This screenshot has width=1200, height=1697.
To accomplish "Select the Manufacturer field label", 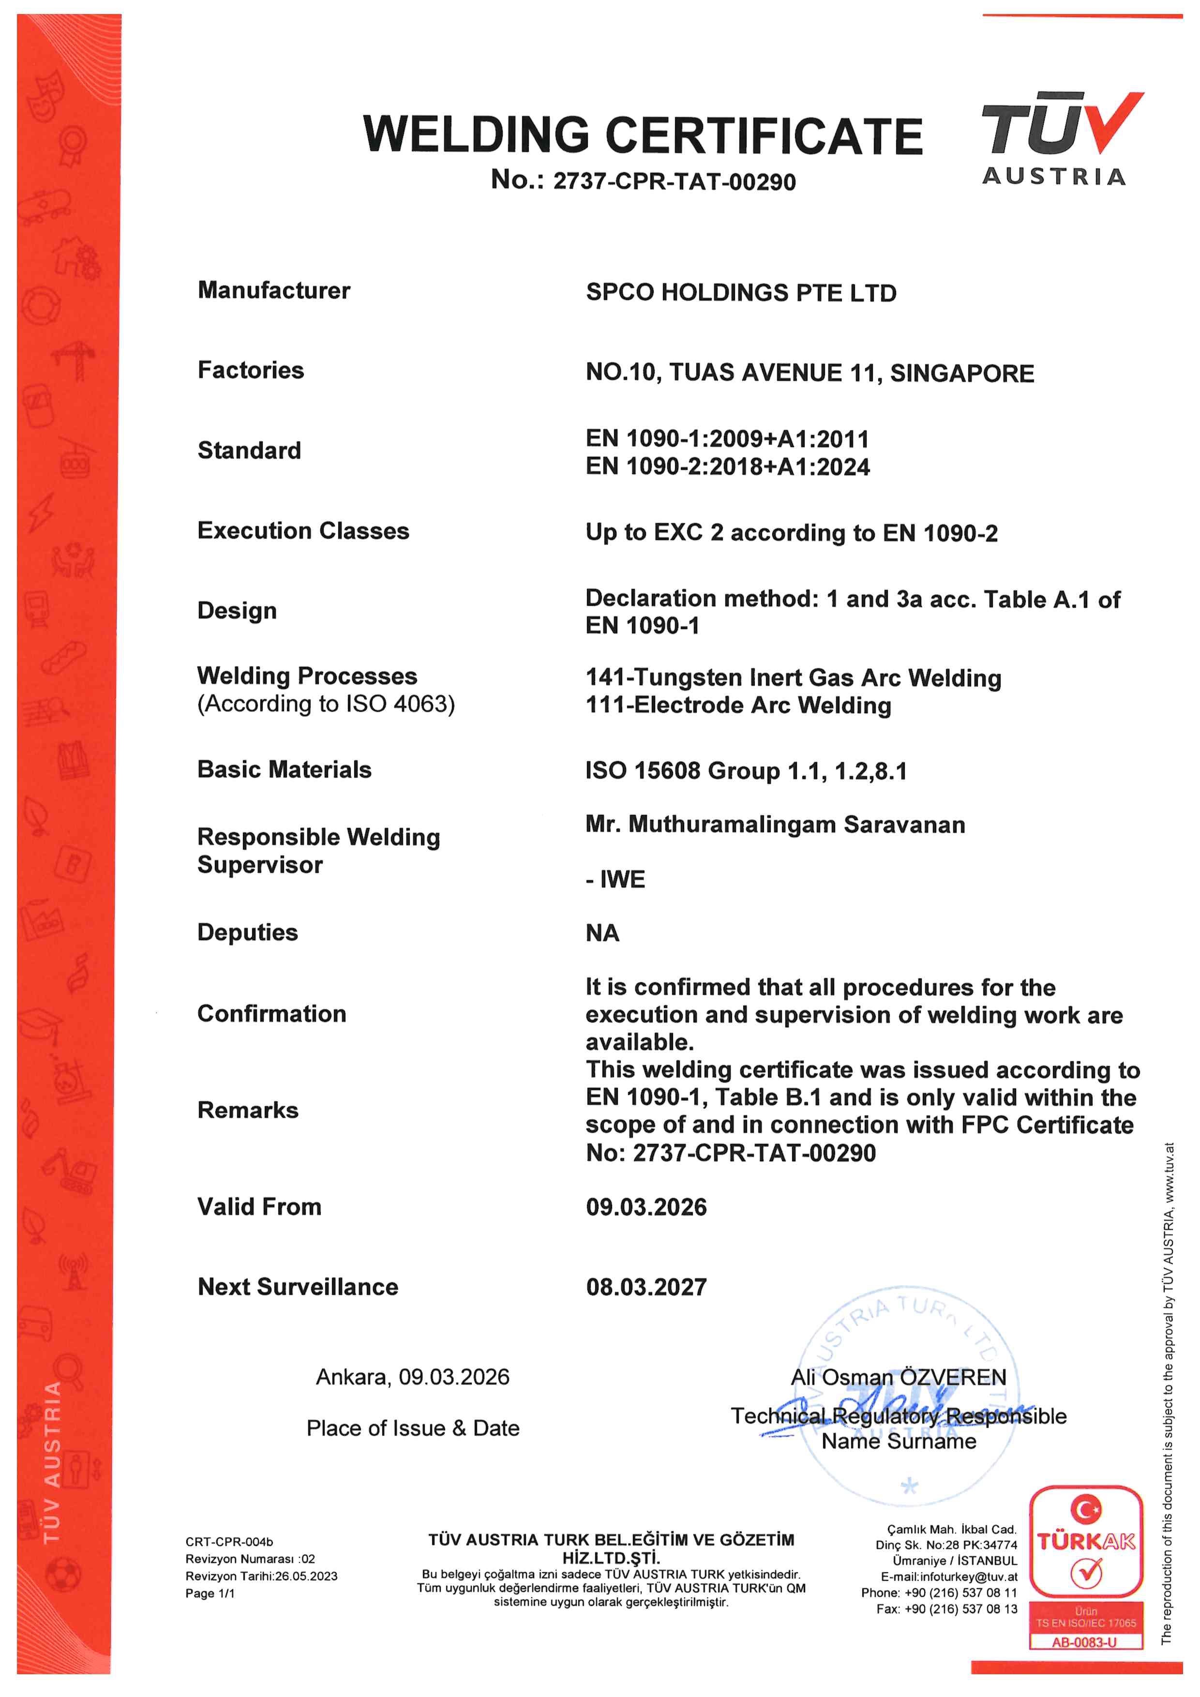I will point(273,290).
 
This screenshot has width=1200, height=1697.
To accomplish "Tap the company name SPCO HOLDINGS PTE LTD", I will point(740,293).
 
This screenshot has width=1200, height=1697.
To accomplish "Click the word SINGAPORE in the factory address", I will point(961,373).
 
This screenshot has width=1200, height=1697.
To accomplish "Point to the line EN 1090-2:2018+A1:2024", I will point(727,467).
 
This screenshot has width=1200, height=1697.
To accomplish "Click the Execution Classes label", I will point(303,531).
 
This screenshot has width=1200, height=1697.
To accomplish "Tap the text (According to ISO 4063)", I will point(326,704).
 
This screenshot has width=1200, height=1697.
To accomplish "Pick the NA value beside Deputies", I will point(602,933).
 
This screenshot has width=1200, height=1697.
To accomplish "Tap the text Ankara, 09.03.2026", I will point(412,1377).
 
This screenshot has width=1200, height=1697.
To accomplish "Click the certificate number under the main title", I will point(643,181).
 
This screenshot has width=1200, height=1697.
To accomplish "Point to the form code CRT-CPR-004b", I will point(229,1542).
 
